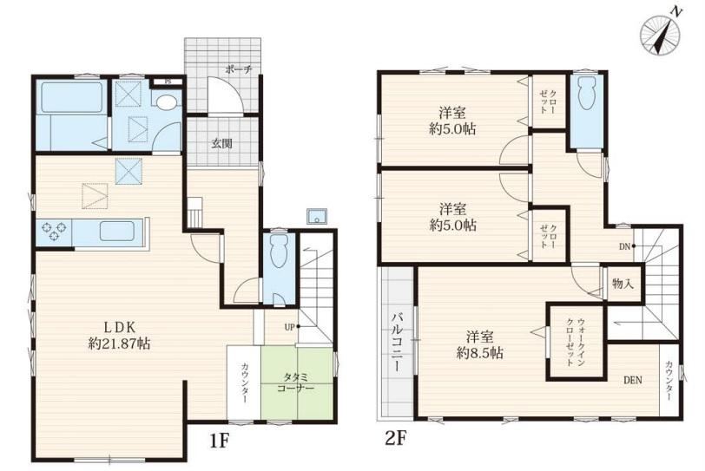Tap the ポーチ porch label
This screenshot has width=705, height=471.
click(x=239, y=69)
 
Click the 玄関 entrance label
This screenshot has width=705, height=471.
click(x=222, y=144)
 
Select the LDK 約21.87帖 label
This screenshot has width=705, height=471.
click(x=119, y=335)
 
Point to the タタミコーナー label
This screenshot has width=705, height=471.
click(x=296, y=383)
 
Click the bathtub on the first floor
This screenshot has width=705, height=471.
click(x=71, y=97)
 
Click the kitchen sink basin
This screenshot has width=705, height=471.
click(x=117, y=232)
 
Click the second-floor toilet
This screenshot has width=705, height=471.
click(x=586, y=93)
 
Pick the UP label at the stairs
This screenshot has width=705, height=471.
click(x=290, y=327)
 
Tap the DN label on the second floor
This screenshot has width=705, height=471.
click(x=624, y=246)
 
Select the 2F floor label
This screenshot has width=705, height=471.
click(x=396, y=438)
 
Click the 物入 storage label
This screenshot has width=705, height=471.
click(x=623, y=284)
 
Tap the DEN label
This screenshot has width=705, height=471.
click(x=633, y=380)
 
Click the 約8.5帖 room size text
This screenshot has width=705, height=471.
click(x=480, y=353)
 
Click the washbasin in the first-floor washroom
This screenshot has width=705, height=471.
click(x=167, y=103)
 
